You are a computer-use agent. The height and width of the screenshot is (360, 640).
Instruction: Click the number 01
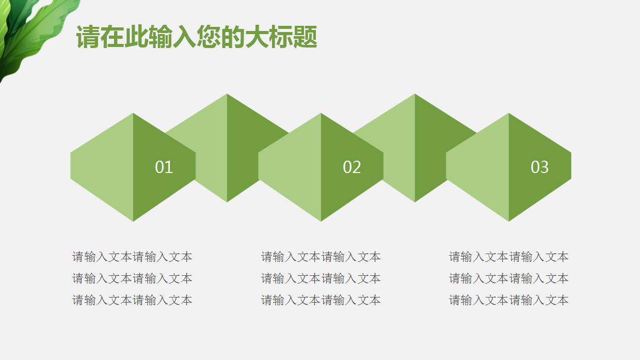tap(164, 167)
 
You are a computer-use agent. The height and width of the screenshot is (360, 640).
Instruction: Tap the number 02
tap(351, 167)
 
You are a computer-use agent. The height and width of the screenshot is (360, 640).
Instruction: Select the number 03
tap(539, 167)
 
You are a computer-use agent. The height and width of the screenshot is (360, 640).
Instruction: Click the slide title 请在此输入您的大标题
tap(196, 38)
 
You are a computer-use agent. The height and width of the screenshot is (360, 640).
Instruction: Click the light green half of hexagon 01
tap(103, 167)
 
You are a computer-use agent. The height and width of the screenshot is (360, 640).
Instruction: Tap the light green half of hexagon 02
tap(291, 167)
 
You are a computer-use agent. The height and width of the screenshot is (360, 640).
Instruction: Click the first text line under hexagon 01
tap(132, 257)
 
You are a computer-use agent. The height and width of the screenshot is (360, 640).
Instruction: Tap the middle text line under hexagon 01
tap(132, 278)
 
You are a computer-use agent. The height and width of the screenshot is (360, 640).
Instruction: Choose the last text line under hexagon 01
tap(132, 300)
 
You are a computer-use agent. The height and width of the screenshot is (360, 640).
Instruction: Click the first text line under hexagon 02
tap(321, 257)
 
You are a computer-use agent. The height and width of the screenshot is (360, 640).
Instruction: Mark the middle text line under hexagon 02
tap(321, 278)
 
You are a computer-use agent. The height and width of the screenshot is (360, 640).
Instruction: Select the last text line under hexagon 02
tap(321, 300)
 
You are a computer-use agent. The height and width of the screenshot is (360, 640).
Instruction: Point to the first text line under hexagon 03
tap(508, 257)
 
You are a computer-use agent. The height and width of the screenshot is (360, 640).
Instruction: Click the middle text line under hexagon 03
tap(508, 278)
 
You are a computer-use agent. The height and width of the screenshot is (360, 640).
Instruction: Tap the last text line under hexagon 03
tap(508, 300)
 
